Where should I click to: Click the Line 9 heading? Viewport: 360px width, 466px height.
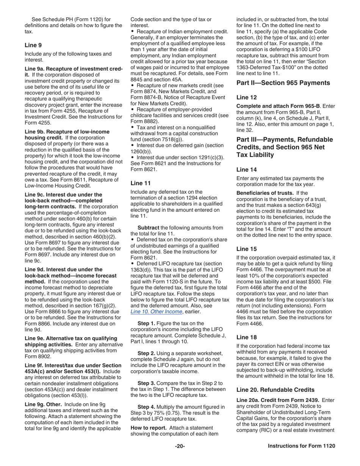pos(33,45)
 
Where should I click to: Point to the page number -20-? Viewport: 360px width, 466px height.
pos(180,446)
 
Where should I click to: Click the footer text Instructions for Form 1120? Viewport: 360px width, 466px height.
pos(301,446)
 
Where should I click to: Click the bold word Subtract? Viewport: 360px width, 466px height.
pos(148,227)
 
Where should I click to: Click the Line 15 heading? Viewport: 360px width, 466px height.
pos(246,249)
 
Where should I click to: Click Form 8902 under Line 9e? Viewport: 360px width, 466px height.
pos(38,356)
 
